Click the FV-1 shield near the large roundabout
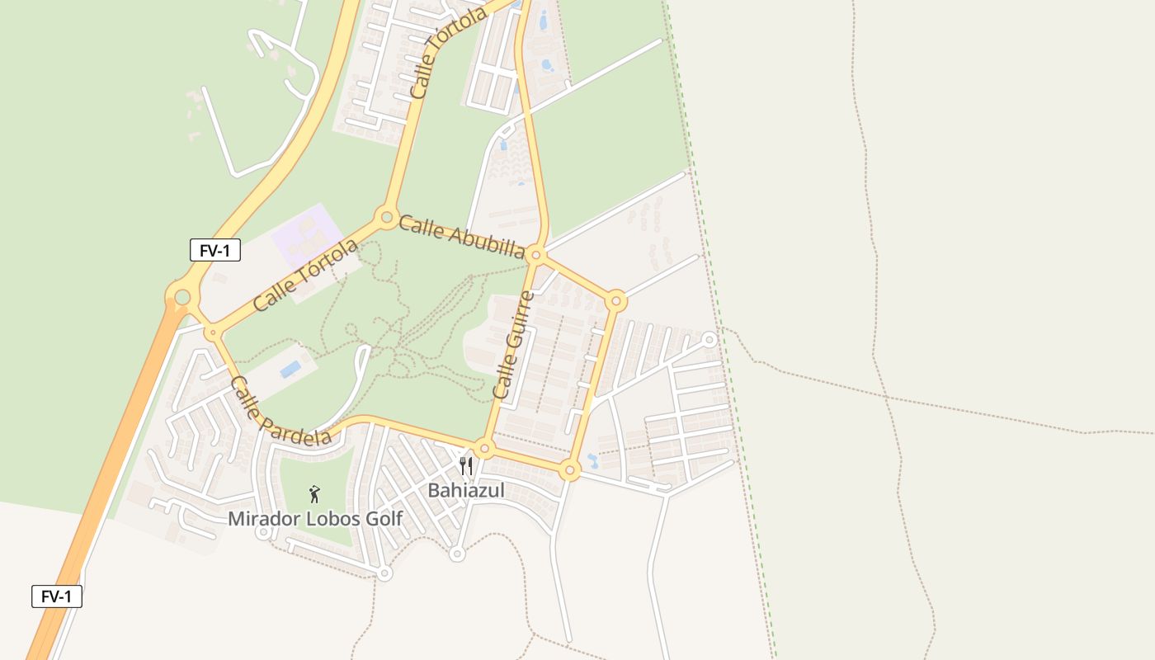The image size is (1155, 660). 215,250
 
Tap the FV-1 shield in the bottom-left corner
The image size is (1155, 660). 57,596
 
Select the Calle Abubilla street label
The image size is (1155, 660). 461,237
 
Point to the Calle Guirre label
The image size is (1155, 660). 513,345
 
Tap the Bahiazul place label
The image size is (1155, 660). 465,491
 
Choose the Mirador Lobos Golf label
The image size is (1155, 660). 315,519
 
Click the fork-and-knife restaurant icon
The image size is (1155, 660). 466,467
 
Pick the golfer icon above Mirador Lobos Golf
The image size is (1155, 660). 313,494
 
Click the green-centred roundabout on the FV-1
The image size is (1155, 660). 182,296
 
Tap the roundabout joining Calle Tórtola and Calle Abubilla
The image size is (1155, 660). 386,218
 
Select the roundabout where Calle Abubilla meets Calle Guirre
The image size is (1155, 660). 535,255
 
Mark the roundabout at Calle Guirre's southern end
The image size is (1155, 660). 484,449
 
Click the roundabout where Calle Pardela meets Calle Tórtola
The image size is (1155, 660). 214,333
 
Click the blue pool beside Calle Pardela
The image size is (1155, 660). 290,369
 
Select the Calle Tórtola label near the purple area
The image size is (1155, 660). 305,275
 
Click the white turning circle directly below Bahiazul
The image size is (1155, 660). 457,554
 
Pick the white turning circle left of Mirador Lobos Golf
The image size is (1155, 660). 263,533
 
